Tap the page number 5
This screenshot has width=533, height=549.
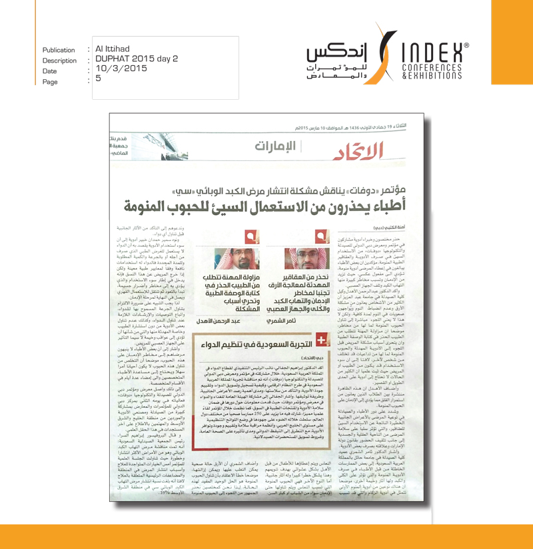[x=98, y=79]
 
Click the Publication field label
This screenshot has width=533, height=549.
[x=59, y=50]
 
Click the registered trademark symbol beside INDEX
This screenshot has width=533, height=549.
[x=466, y=45]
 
